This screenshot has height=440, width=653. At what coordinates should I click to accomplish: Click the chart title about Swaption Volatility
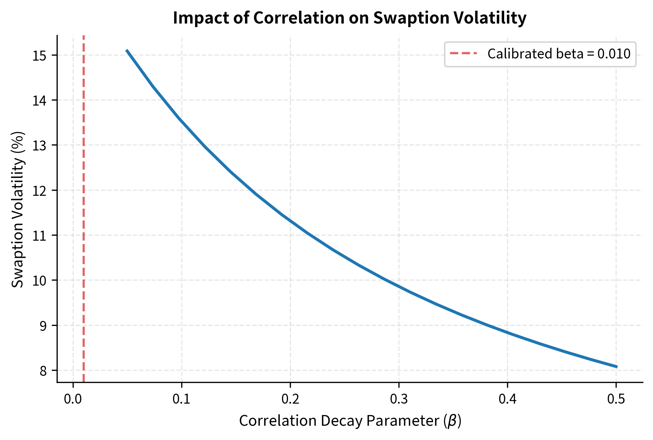click(x=350, y=18)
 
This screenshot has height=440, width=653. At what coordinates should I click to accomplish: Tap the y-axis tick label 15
click(x=40, y=56)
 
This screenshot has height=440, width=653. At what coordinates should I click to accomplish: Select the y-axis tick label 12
click(x=40, y=190)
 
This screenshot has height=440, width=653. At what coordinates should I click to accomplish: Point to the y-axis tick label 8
click(x=43, y=371)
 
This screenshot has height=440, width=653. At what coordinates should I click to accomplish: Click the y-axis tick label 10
click(x=40, y=281)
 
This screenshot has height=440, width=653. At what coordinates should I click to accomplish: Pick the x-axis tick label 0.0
click(x=73, y=399)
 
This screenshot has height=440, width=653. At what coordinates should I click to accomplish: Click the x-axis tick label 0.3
click(x=399, y=399)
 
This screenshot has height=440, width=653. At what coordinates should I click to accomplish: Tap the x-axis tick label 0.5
click(x=616, y=399)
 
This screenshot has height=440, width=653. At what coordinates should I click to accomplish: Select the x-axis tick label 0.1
click(x=182, y=399)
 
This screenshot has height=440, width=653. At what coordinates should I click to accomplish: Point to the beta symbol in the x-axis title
click(x=452, y=421)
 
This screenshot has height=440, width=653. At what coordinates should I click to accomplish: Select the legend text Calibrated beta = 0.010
click(x=559, y=54)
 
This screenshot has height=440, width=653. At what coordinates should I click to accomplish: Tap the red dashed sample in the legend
click(x=463, y=54)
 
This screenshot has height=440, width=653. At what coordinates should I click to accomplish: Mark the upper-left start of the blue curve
click(x=127, y=51)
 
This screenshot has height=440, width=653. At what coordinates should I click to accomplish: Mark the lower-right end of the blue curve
click(x=617, y=367)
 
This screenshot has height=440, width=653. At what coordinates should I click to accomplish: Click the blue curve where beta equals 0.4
click(x=507, y=333)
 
